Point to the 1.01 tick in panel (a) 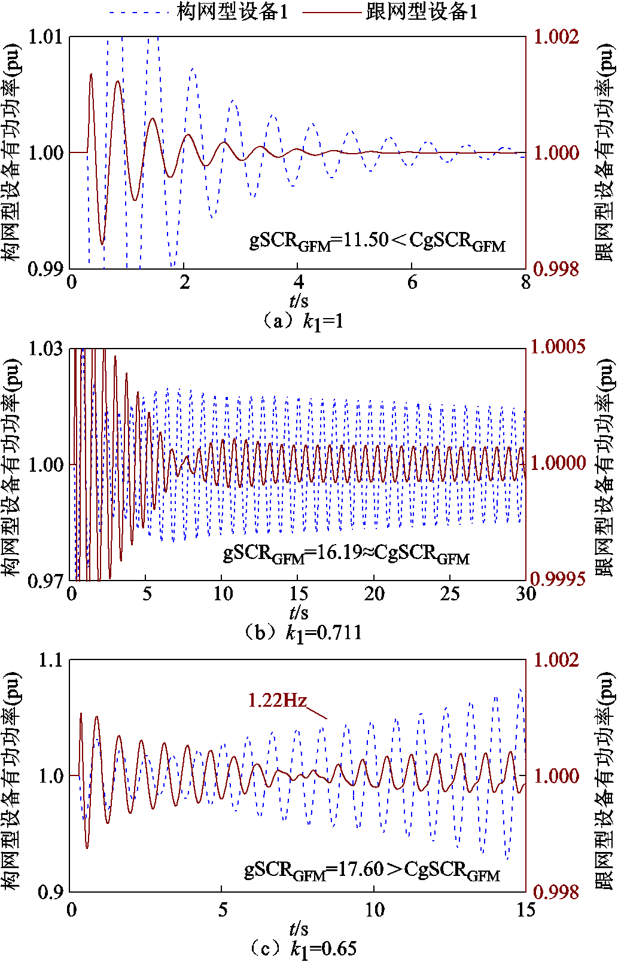pos(46,37)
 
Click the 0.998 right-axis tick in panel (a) pos(556,269)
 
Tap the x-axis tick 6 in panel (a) pos(412,282)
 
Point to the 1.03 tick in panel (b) pos(46,349)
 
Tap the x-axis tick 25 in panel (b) pos(450,594)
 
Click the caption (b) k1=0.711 pos(303,633)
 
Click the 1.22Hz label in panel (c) pos(277,700)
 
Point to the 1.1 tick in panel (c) pos(50,661)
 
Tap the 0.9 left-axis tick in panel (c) pos(50,892)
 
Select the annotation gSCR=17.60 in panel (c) pos(372,869)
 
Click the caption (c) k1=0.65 pos(303,948)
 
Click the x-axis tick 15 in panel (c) pos(525,910)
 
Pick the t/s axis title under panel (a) pos(299,301)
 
